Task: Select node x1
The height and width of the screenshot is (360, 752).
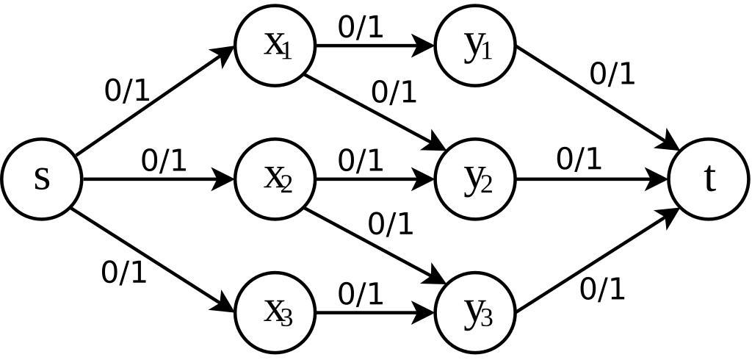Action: point(275,46)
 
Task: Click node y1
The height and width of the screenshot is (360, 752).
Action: point(476,46)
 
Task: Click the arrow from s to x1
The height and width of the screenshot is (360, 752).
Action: point(154,101)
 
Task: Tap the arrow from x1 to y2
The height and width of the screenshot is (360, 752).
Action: point(375,110)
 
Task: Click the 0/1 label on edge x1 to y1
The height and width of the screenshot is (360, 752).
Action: point(361,27)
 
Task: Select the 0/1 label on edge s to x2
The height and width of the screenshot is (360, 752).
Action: point(164,161)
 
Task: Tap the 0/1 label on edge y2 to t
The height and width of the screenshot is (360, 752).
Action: point(579,159)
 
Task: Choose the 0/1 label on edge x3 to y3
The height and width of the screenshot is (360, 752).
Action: point(361,295)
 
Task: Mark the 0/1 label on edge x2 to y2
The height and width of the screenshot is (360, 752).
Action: point(361,161)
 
